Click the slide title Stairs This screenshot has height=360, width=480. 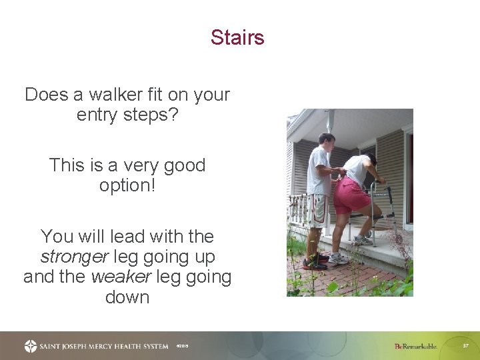[x=237, y=37]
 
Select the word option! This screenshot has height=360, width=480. [x=127, y=185]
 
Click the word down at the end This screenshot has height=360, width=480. [x=127, y=297]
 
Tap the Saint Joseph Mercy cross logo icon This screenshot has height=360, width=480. [x=31, y=346]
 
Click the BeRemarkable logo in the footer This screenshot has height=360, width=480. [x=415, y=346]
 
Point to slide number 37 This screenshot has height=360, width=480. [x=466, y=346]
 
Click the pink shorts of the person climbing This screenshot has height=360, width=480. [x=351, y=197]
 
